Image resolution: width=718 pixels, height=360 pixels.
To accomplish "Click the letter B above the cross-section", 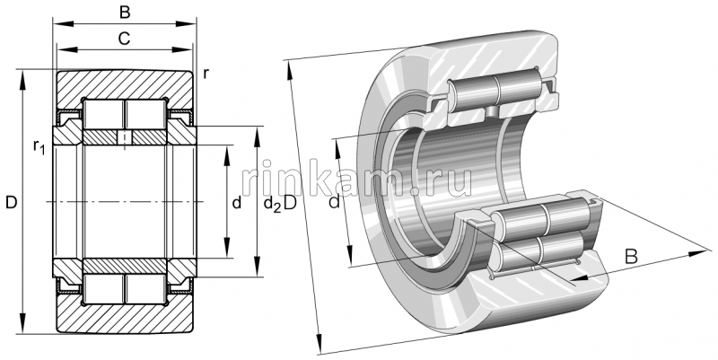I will pyautogui.click(x=125, y=13).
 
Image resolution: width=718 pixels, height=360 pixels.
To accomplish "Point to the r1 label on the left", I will pyautogui.click(x=38, y=145).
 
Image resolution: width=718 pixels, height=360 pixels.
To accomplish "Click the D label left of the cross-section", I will pyautogui.click(x=10, y=204).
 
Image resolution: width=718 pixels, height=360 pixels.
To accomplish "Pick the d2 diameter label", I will pyautogui.click(x=270, y=206).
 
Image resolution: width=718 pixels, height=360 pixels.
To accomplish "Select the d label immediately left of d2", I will pyautogui.click(x=236, y=204).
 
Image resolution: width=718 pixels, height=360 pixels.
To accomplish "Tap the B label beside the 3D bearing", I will pyautogui.click(x=631, y=257).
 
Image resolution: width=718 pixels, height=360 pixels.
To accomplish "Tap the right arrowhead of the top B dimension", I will pyautogui.click(x=191, y=26).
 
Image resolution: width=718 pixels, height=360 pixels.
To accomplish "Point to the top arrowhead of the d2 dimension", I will pyautogui.click(x=258, y=132).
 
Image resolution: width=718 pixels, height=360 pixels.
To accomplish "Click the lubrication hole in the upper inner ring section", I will pyautogui.click(x=125, y=137).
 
